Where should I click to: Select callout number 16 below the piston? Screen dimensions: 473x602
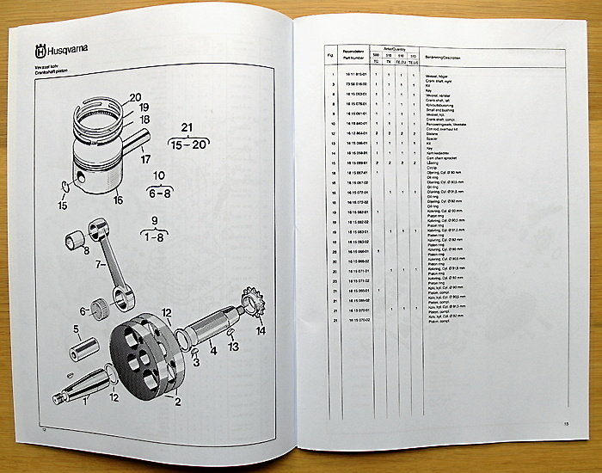pyautogui.click(x=118, y=200)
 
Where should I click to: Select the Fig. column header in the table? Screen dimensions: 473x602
pyautogui.click(x=331, y=56)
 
